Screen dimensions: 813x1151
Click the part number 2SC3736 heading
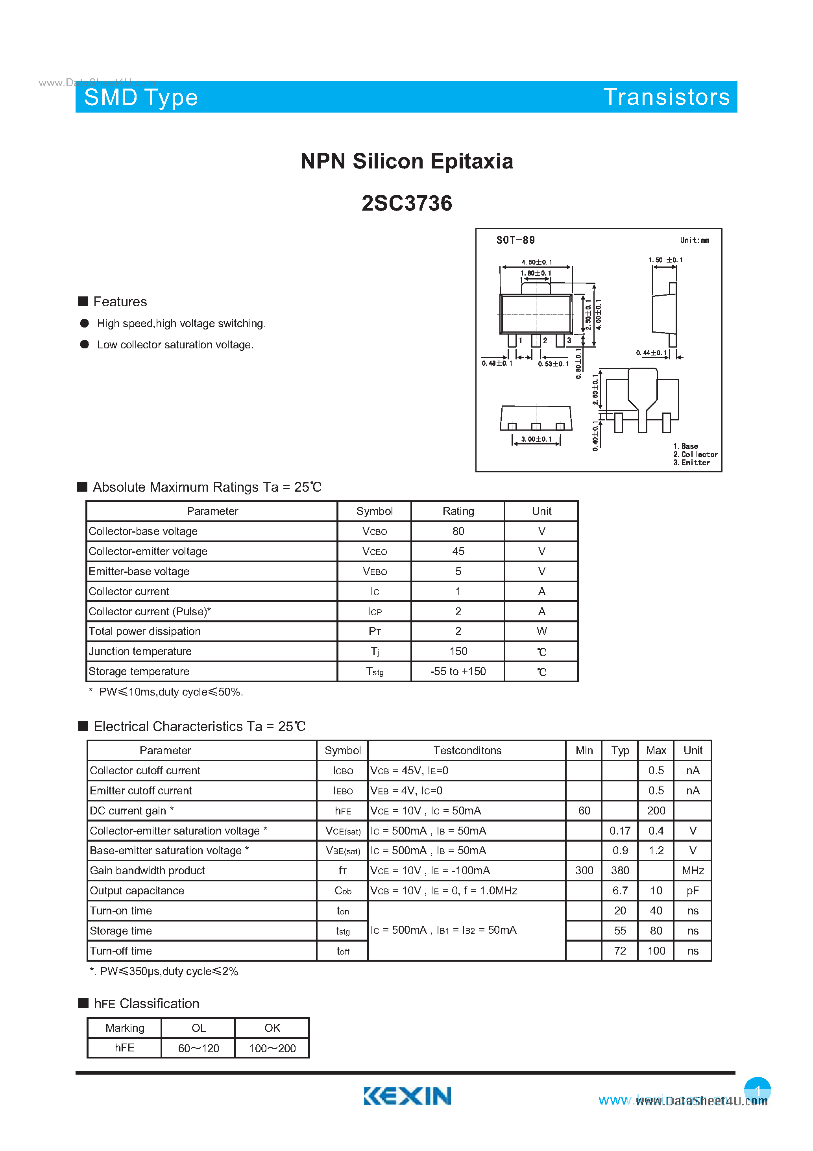406,204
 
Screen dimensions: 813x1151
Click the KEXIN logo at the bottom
407,1096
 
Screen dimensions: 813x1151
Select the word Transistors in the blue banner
666,97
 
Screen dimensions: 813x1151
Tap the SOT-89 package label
515,240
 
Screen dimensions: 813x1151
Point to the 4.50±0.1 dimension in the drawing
536,262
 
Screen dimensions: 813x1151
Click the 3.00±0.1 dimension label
536,439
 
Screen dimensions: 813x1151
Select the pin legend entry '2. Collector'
695,454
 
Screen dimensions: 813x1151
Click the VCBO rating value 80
458,531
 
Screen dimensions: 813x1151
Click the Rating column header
458,511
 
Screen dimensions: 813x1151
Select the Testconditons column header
467,750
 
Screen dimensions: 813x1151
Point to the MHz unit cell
693,871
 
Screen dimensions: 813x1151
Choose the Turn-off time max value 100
656,951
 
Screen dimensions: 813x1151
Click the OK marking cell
272,1028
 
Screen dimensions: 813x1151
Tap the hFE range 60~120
198,1048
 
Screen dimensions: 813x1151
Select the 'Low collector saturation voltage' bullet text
176,345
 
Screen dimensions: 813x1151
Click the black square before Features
83,301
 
